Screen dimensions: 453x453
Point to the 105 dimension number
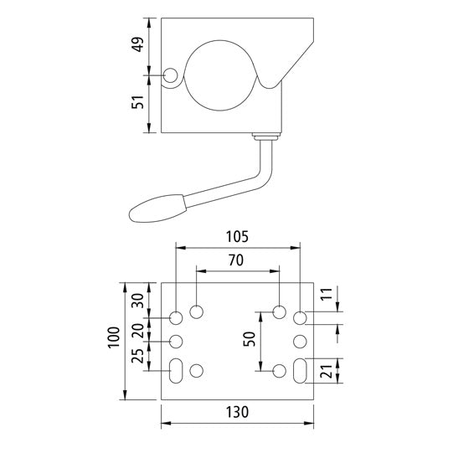click(237, 235)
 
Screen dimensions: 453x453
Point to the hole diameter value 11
click(328, 295)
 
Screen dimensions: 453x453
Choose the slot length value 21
click(328, 369)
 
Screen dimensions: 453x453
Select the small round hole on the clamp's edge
click(171, 76)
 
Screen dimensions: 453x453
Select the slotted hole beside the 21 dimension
click(301, 370)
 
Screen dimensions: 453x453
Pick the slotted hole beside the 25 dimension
click(177, 370)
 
